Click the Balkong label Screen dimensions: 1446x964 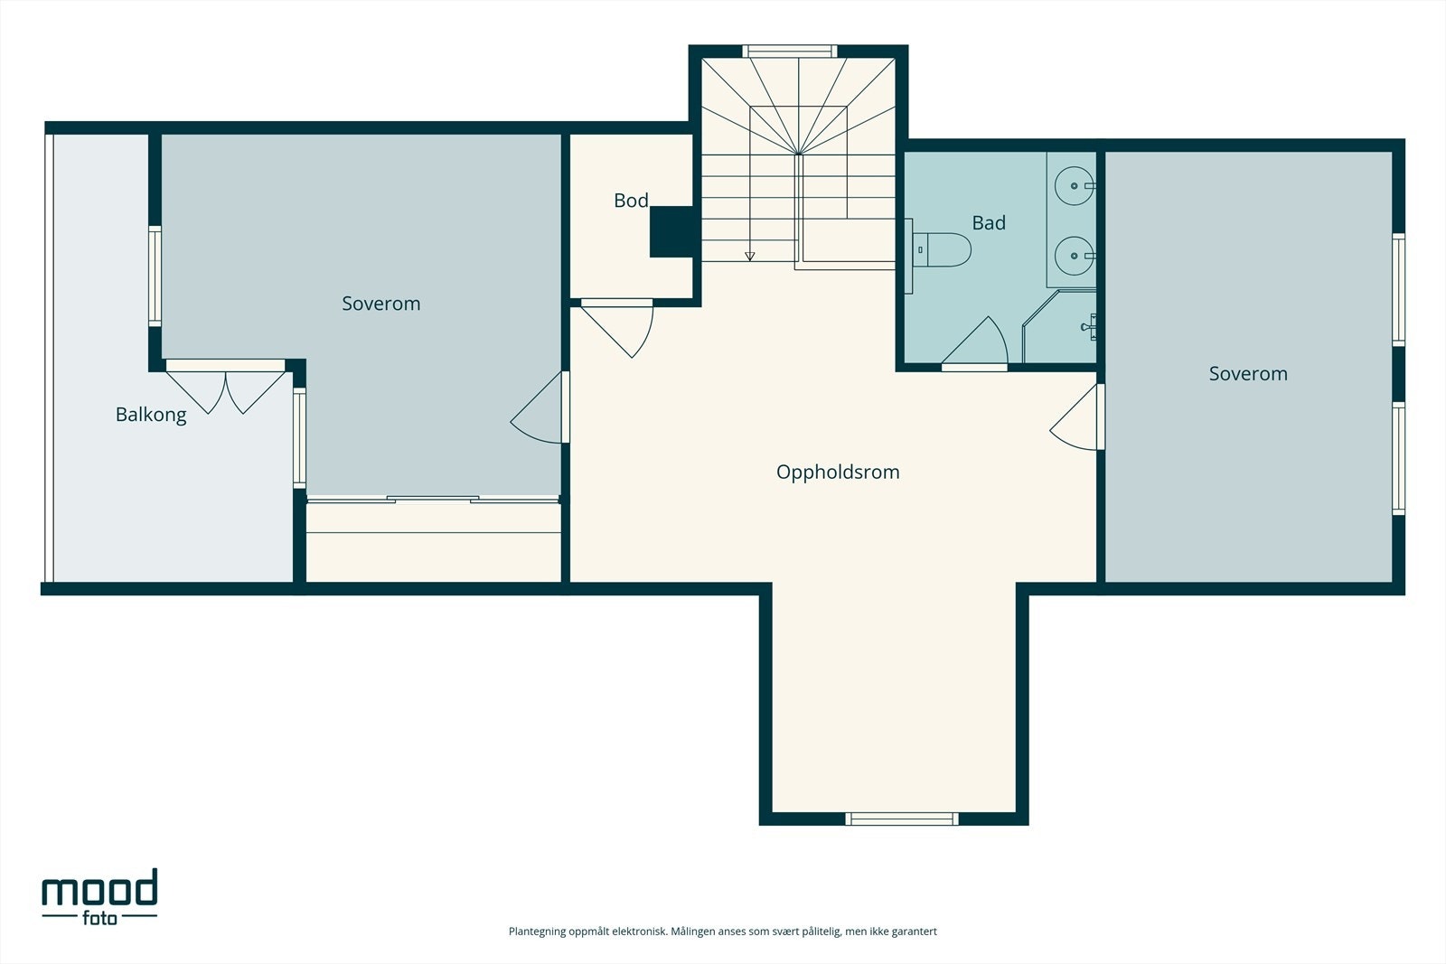(151, 415)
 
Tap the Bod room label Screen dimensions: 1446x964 (631, 201)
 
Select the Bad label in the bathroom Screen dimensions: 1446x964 (989, 222)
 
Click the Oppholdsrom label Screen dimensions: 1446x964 (837, 472)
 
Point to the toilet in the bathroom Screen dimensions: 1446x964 (943, 249)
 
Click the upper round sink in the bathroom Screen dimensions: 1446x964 (1075, 186)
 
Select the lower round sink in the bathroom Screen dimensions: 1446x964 (1075, 256)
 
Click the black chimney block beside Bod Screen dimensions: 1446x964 (671, 231)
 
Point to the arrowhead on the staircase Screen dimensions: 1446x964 (749, 257)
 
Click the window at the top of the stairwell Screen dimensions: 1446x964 (790, 51)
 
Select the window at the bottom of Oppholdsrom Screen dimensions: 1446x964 (902, 819)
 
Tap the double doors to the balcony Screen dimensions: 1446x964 (225, 388)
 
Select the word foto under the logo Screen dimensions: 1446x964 (100, 917)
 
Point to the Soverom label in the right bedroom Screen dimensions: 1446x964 (1248, 374)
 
